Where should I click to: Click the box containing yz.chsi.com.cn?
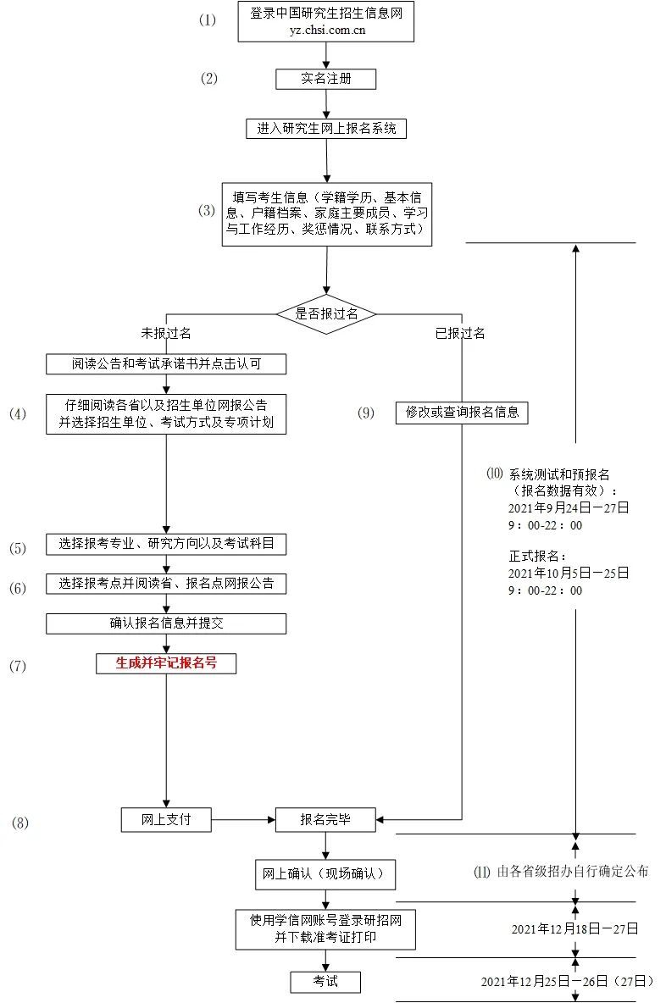pos(326,22)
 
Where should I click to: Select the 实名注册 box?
pos(326,79)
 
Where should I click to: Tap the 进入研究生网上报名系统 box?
pos(326,129)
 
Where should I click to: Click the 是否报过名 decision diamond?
pos(326,313)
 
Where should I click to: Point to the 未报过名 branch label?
pos(165,333)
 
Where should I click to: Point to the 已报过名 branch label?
pos(460,333)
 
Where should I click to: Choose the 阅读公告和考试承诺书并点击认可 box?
pos(166,364)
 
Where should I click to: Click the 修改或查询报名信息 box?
pos(462,413)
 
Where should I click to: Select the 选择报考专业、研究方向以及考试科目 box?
pos(166,545)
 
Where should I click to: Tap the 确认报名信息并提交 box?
pos(166,623)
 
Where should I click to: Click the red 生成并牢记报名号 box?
pos(166,663)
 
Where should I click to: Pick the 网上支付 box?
pos(166,819)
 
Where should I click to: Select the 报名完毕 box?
pos(326,819)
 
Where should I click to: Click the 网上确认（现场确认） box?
pos(326,874)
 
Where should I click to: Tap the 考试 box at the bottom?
pos(326,981)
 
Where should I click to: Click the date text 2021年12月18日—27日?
pos(574,928)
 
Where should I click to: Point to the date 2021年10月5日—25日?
pos(569,573)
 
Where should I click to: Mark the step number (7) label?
pos(18,666)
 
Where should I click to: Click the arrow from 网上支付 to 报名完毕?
pos(243,819)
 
